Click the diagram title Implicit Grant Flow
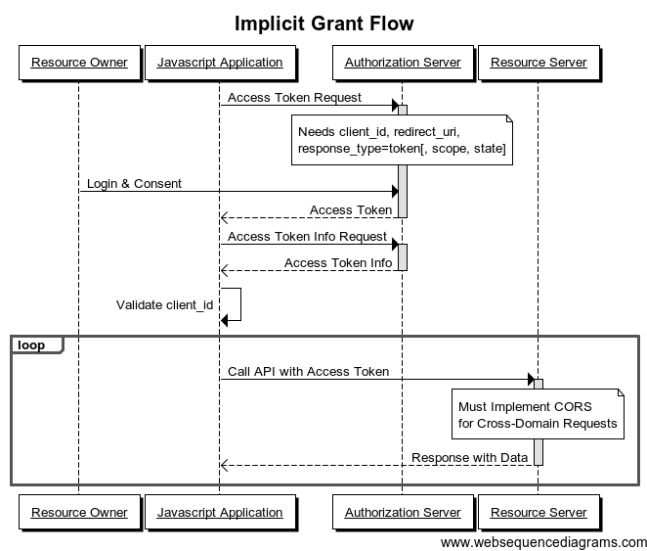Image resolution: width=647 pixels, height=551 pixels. click(323, 23)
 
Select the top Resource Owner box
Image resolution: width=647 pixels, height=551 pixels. click(79, 63)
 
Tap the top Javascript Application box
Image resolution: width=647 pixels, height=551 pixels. click(220, 63)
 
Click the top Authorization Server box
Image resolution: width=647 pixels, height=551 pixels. click(402, 63)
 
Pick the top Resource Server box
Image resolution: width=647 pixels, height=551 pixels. click(539, 63)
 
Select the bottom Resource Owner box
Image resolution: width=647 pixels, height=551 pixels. click(79, 512)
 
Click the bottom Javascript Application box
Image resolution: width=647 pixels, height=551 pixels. click(220, 512)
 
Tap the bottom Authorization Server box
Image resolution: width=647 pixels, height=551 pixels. click(402, 512)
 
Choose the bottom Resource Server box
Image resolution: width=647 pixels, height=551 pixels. click(539, 512)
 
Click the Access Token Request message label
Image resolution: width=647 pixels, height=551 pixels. click(294, 97)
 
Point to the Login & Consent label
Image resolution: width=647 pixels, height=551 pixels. click(134, 183)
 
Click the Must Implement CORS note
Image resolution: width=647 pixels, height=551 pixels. click(538, 415)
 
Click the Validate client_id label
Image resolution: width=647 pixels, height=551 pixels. click(164, 304)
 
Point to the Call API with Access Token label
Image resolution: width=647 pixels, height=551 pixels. click(308, 371)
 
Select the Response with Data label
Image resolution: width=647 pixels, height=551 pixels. click(469, 457)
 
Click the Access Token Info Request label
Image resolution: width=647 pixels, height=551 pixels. click(308, 236)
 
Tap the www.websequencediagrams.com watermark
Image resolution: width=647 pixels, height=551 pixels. click(543, 541)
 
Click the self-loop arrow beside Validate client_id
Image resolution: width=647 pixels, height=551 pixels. click(235, 304)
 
